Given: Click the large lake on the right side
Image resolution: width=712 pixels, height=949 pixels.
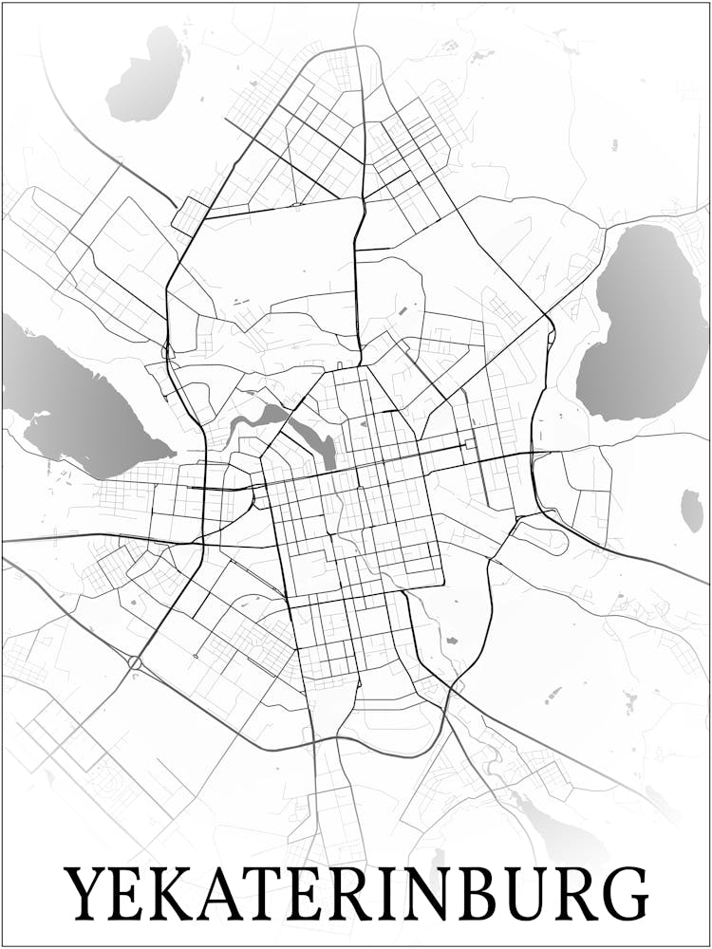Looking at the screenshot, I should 644,323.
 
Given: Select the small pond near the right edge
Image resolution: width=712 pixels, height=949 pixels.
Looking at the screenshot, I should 692,511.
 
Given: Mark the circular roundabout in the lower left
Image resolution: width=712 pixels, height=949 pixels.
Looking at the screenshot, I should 134,662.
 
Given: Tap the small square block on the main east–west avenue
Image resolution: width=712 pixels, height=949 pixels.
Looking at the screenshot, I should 470,443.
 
